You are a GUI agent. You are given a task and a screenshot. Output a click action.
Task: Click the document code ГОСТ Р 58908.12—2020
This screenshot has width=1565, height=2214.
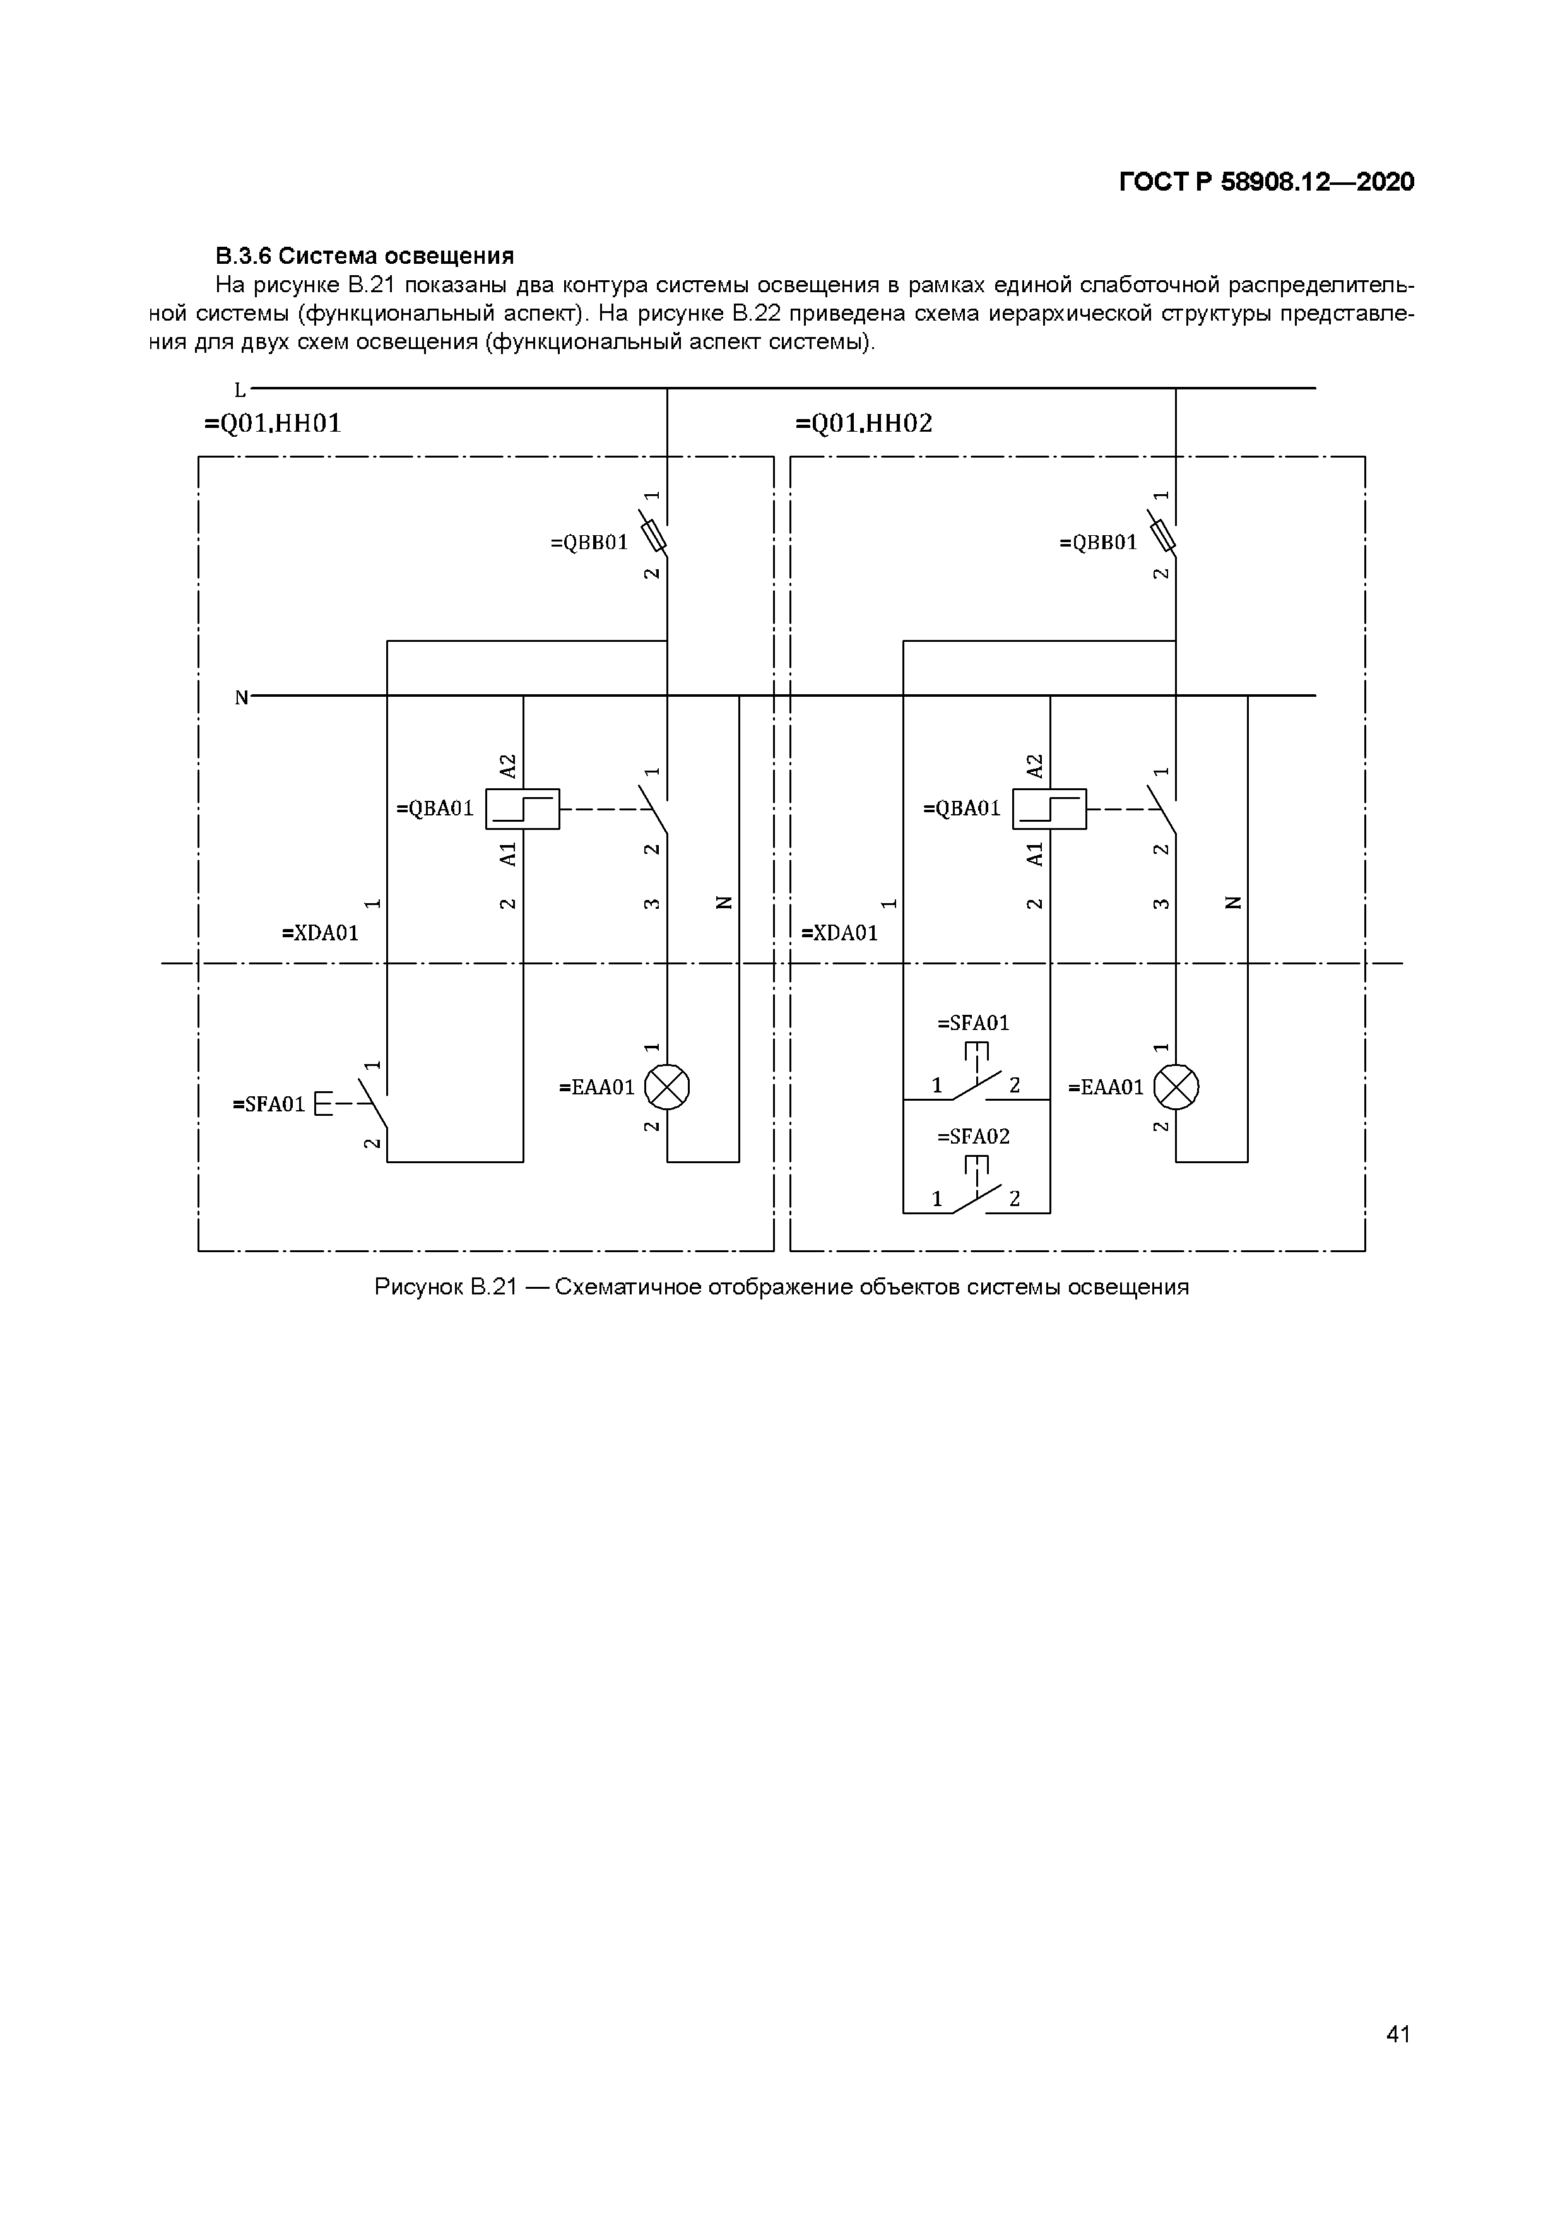click(1266, 182)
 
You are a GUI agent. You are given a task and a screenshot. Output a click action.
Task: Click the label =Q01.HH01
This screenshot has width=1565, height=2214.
click(273, 424)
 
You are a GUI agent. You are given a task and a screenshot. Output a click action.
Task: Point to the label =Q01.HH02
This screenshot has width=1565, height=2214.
click(864, 424)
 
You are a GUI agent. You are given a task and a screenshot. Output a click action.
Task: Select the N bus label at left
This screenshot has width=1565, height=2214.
click(241, 697)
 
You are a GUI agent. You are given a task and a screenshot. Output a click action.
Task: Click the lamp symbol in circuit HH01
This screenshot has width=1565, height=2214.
click(666, 1087)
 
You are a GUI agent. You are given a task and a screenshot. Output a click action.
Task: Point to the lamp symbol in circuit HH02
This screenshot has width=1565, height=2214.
click(1176, 1087)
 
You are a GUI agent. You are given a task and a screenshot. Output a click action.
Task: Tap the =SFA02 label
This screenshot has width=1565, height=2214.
click(974, 1137)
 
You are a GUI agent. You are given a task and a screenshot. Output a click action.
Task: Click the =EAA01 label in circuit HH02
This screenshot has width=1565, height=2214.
click(1106, 1087)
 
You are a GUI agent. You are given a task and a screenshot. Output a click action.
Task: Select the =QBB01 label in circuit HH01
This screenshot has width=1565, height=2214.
click(589, 543)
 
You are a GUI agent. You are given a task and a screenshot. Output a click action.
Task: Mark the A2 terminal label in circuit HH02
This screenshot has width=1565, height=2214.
click(1035, 767)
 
